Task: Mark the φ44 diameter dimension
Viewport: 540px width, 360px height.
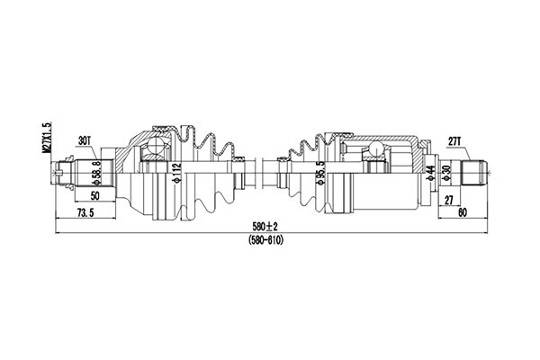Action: click(432, 171)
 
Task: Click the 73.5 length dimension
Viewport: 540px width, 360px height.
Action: click(85, 212)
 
